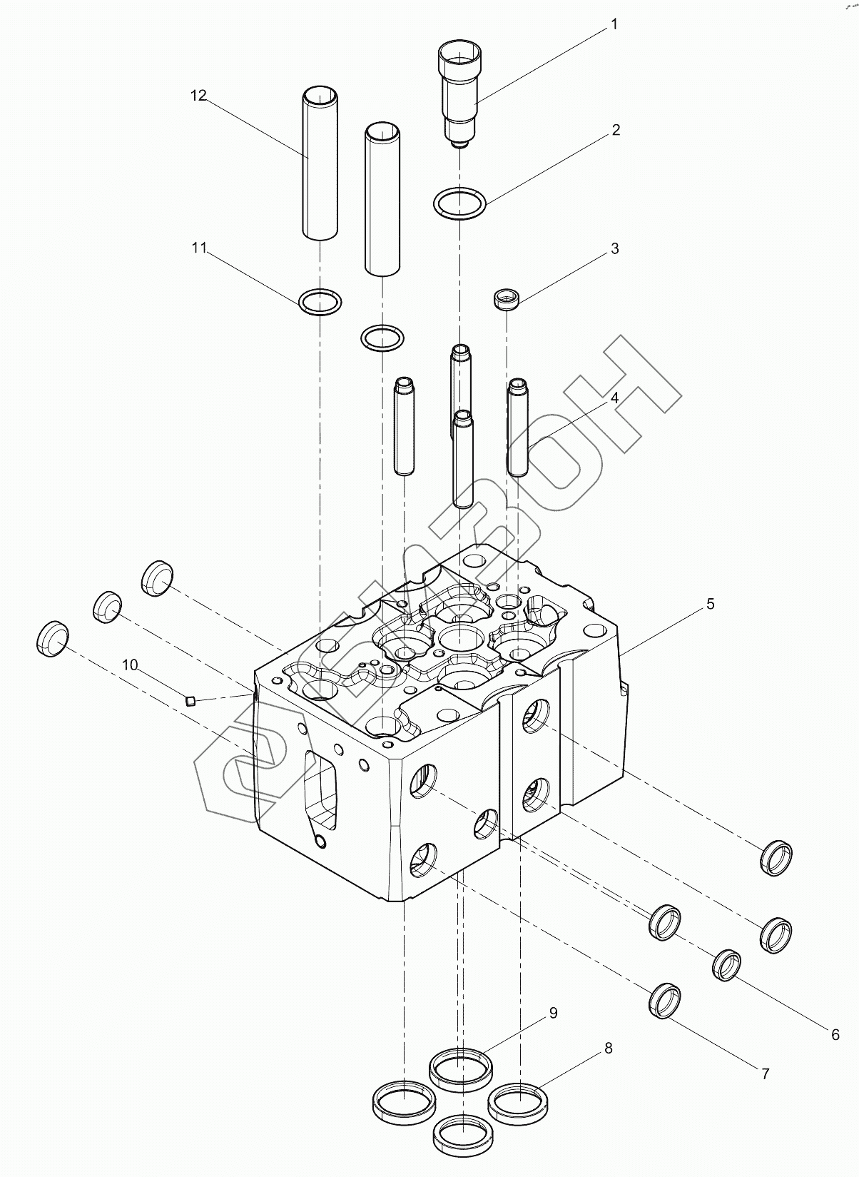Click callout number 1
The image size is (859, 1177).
[x=614, y=25]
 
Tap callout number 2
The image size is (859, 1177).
[x=616, y=130]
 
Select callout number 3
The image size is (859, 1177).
[x=615, y=248]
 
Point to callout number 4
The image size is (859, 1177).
[x=614, y=398]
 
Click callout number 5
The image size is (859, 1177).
[x=711, y=604]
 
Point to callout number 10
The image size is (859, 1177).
[x=130, y=665]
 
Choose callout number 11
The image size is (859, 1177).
[x=199, y=248]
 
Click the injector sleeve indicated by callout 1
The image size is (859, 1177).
[x=459, y=95]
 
